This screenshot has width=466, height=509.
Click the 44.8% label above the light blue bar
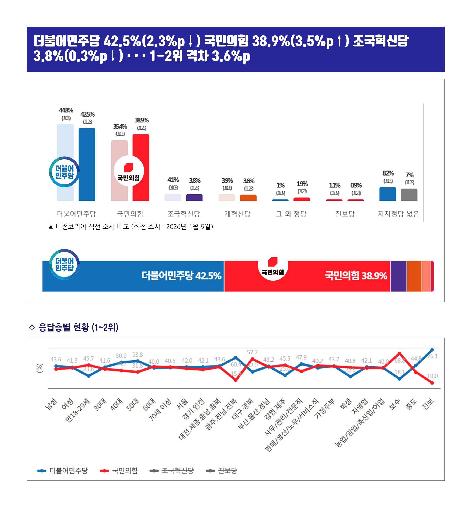66,110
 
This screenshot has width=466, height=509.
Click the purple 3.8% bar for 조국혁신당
194,197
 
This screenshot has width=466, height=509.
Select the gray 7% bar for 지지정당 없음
409,195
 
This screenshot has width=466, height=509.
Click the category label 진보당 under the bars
345,214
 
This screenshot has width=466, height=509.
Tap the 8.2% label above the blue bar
388,173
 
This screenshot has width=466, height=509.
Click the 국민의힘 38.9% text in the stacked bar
356,276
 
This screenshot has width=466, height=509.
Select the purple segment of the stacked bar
398,276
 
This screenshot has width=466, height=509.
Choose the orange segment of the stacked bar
414,276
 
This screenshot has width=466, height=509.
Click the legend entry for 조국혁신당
177,470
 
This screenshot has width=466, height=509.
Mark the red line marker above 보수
399,353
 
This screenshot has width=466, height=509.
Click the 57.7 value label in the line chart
252,352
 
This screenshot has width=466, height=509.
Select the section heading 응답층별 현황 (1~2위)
78,328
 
